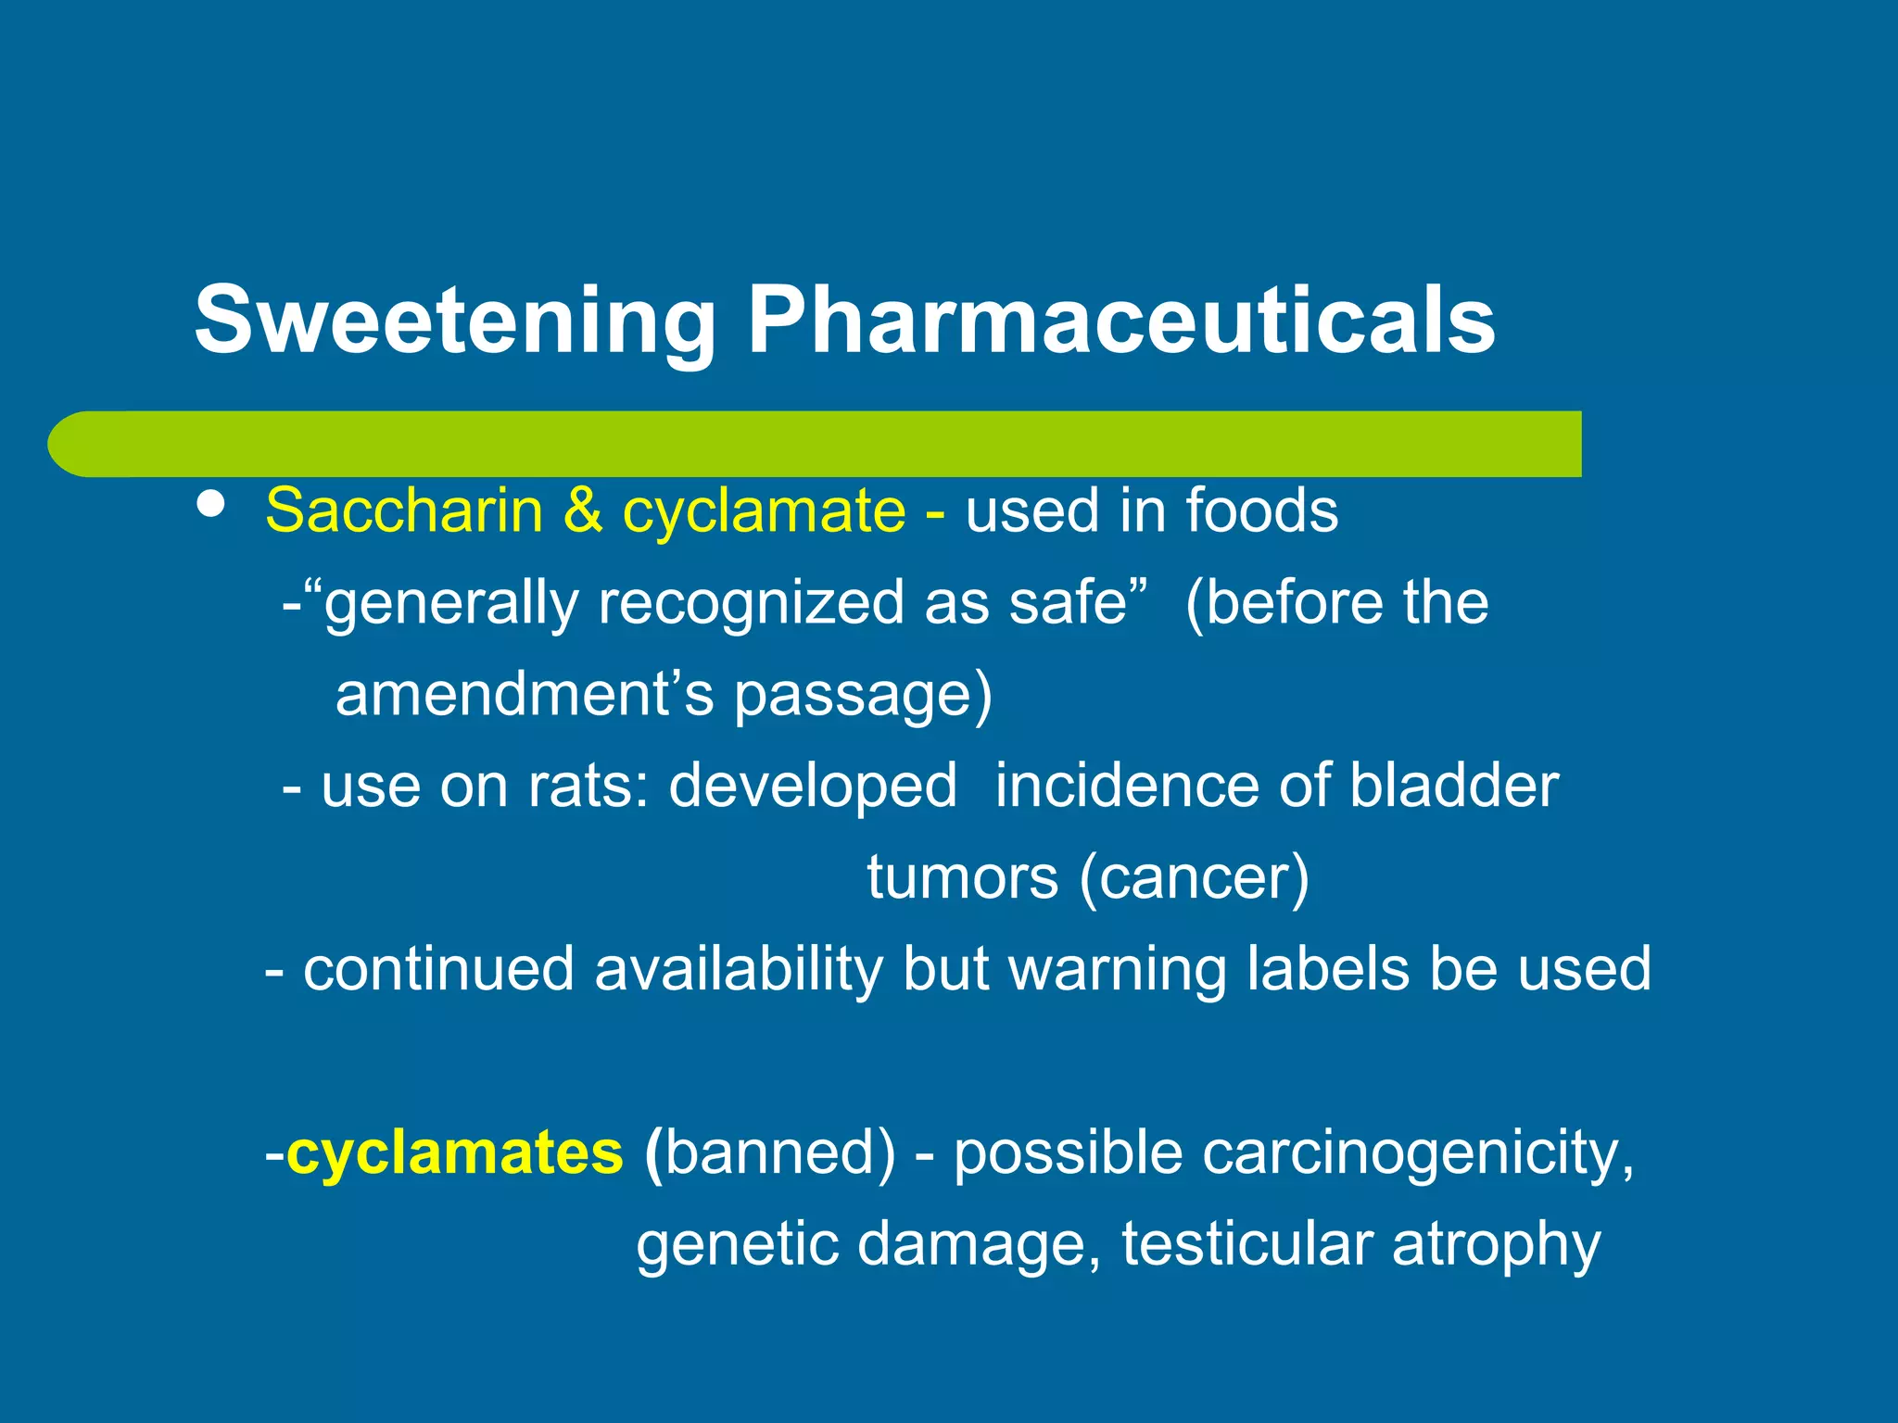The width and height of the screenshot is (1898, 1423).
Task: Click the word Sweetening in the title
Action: click(454, 321)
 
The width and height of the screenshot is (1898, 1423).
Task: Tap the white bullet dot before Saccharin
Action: click(211, 505)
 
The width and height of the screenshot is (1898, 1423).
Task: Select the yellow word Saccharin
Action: click(404, 510)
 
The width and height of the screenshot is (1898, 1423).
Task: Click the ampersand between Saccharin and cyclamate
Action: click(582, 510)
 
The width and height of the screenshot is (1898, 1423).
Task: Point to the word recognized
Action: click(751, 603)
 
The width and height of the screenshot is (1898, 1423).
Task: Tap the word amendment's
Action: click(525, 695)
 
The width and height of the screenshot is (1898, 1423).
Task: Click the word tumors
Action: click(962, 877)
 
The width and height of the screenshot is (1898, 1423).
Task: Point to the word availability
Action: click(738, 970)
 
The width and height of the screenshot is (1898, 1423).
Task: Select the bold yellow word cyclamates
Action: click(454, 1153)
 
